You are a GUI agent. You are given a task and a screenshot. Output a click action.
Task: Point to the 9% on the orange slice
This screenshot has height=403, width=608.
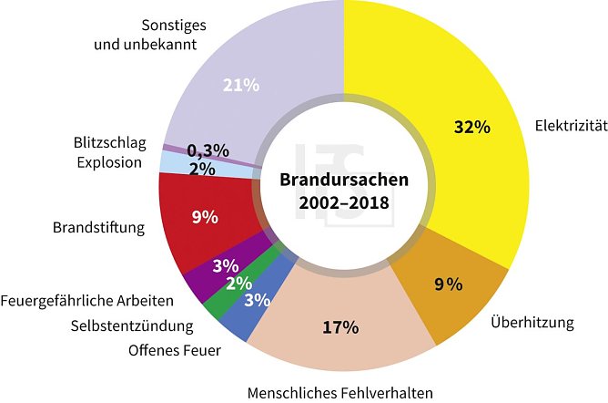pyautogui.click(x=448, y=284)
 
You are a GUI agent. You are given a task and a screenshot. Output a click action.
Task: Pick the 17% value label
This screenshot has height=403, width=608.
pyautogui.click(x=341, y=327)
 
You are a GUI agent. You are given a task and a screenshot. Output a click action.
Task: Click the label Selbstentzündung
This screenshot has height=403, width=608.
pyautogui.click(x=133, y=325)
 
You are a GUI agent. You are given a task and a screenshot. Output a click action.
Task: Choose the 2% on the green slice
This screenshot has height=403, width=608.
pyautogui.click(x=239, y=284)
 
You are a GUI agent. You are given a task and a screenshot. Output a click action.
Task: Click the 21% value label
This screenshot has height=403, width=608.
pyautogui.click(x=241, y=85)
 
